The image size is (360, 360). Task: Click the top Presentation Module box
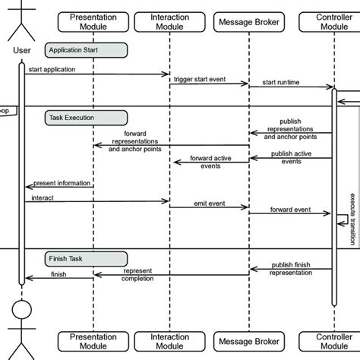(x=93, y=21)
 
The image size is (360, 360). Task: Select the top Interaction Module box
(x=169, y=21)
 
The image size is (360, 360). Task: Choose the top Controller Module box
(x=332, y=21)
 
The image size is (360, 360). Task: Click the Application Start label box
(x=85, y=50)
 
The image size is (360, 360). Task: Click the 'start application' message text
(x=52, y=70)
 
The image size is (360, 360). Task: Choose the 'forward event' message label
(x=290, y=210)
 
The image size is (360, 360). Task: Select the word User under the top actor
(x=22, y=52)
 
